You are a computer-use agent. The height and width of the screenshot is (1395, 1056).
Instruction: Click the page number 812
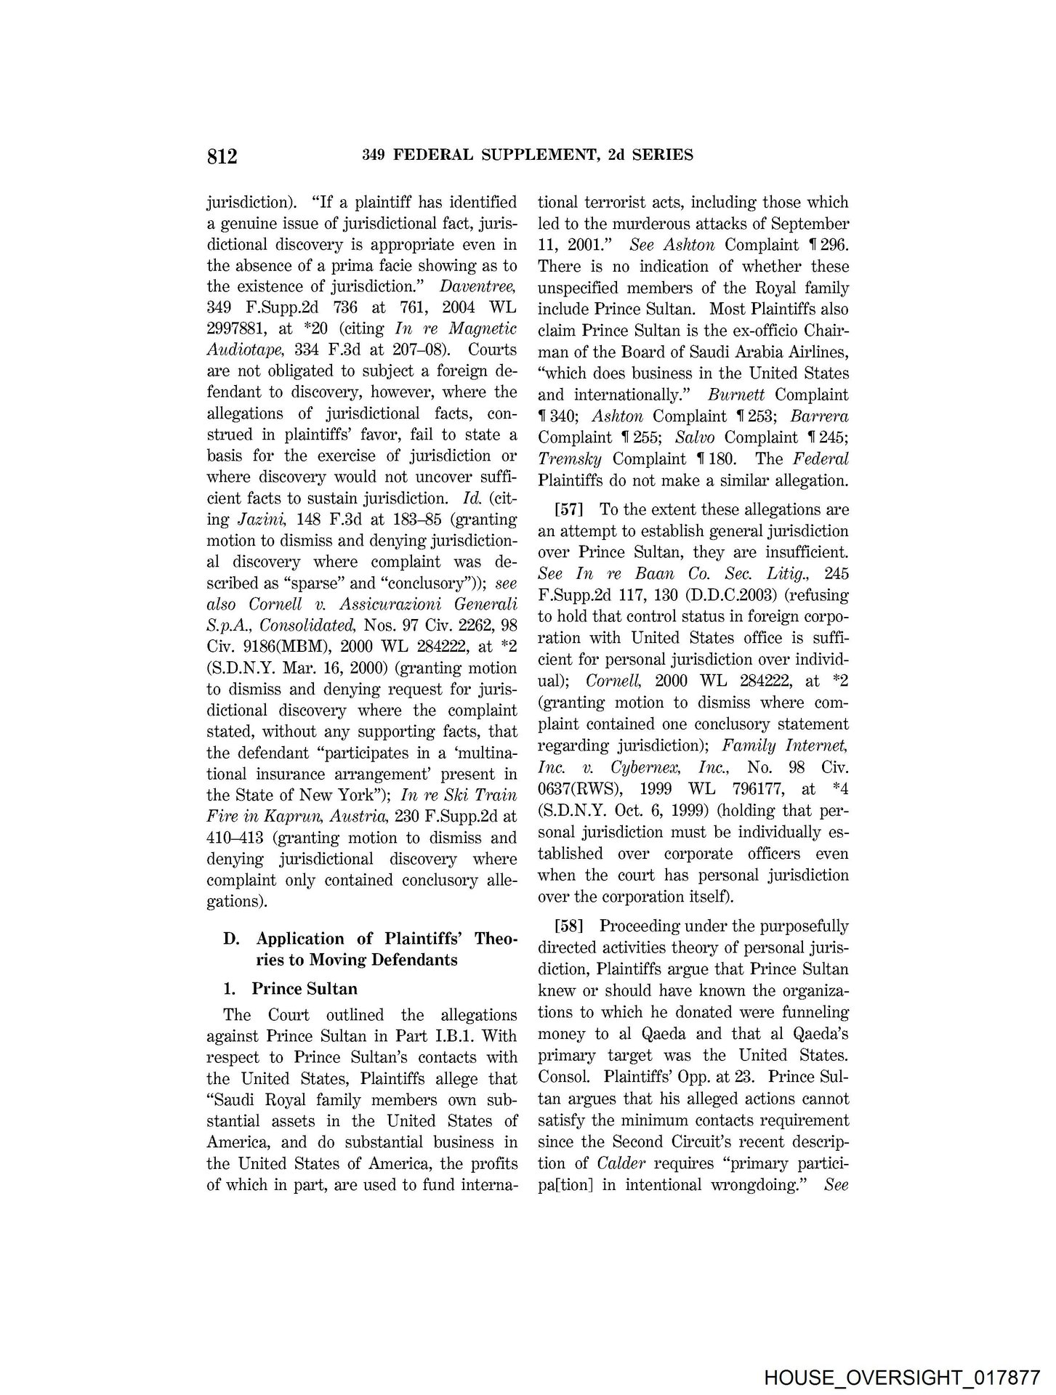(x=222, y=156)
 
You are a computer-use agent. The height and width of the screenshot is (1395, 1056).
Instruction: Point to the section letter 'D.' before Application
(x=232, y=939)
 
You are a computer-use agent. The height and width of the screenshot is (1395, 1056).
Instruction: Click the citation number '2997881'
(x=238, y=329)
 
